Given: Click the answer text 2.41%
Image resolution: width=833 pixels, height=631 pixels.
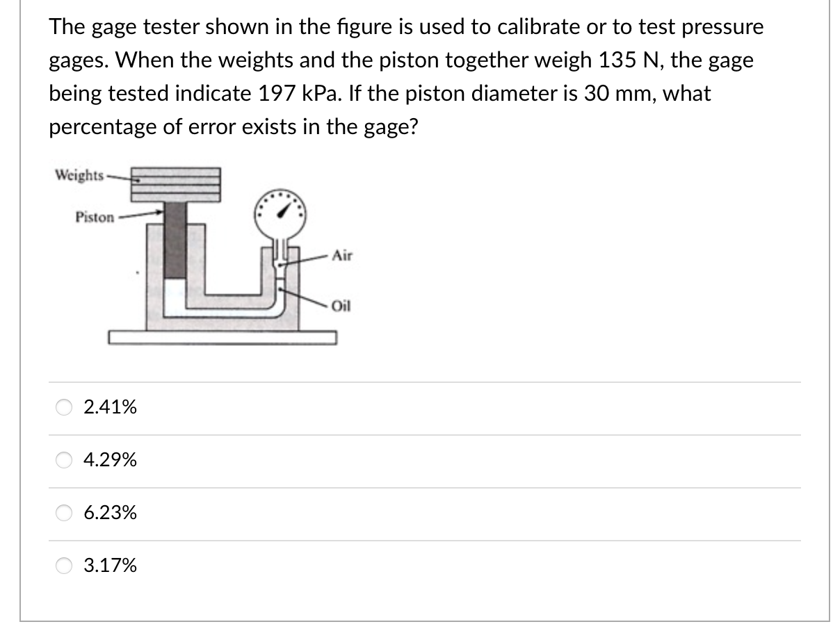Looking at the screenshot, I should click(x=110, y=407).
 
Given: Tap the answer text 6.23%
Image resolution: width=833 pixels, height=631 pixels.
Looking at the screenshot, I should click(x=110, y=514).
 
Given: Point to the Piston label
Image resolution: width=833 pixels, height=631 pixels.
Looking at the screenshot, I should click(x=95, y=218).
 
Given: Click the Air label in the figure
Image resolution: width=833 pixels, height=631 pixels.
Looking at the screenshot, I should click(x=342, y=255).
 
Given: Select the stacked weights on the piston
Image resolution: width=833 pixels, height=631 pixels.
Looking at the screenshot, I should click(x=177, y=184).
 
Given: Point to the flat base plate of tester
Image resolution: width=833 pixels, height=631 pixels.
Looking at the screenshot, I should click(x=223, y=338).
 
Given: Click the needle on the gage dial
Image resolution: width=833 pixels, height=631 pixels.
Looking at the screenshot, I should click(x=285, y=206).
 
